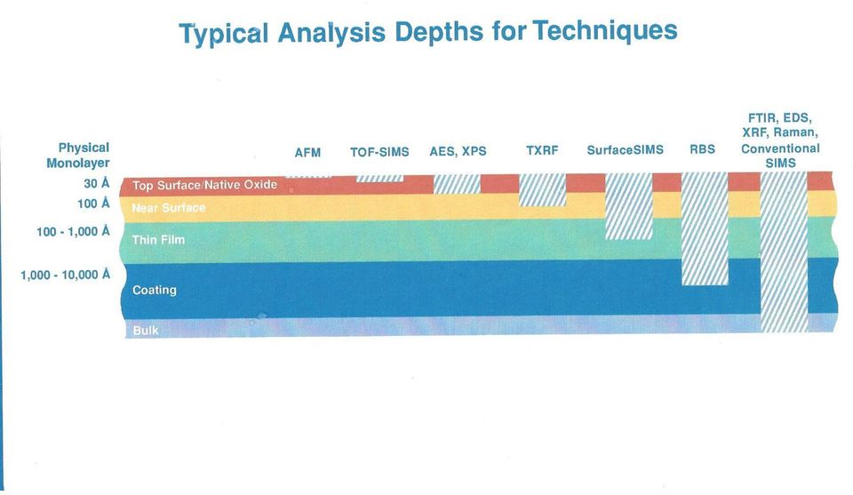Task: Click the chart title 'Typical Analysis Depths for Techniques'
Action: (x=428, y=32)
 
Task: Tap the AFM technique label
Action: (x=308, y=153)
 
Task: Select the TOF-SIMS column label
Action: (x=379, y=152)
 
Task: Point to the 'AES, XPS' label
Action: (x=458, y=151)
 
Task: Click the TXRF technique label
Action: (x=542, y=150)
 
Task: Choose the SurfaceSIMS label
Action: (x=625, y=149)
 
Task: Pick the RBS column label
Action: (x=702, y=149)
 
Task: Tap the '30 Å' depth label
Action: (x=97, y=183)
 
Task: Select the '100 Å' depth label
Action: (x=93, y=204)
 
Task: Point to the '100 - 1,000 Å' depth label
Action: (x=73, y=232)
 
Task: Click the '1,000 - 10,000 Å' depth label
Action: (x=65, y=275)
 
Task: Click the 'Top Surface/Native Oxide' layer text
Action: (x=204, y=185)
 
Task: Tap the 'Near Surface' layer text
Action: (x=169, y=208)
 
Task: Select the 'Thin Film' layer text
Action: (x=158, y=239)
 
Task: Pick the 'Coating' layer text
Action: (x=155, y=290)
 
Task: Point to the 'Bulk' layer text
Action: (x=146, y=331)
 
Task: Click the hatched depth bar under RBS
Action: (x=705, y=228)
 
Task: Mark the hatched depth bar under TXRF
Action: (x=543, y=190)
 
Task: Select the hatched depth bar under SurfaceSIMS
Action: (x=629, y=207)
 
